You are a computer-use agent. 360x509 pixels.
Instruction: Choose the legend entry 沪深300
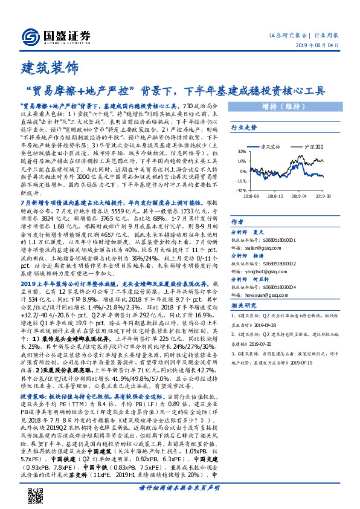click(312, 146)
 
